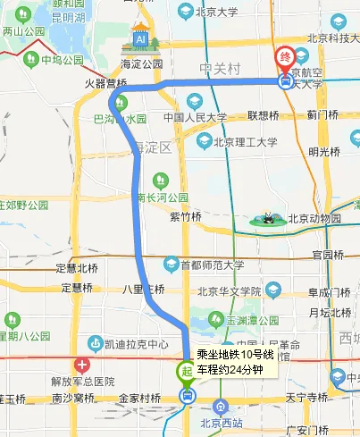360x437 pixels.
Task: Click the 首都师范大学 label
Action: [213, 265]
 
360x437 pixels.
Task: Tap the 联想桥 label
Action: [264, 115]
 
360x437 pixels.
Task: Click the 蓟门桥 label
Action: [322, 114]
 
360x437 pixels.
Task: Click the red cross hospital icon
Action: [82, 365]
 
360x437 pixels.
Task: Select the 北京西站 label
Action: [222, 424]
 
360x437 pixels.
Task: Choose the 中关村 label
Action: [219, 68]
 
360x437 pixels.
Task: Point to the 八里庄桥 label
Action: [143, 289]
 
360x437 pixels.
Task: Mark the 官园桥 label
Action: [328, 255]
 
